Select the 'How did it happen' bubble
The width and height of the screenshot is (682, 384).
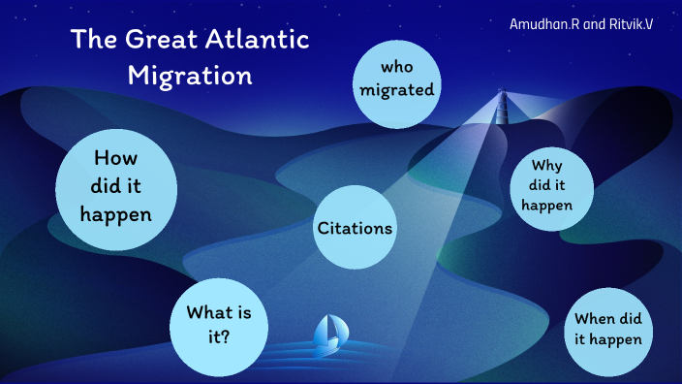pos(116,185)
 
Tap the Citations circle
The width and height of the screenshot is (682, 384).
pos(355,228)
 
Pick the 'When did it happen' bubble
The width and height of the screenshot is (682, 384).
pos(607,330)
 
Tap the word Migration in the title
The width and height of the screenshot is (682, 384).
pos(190,75)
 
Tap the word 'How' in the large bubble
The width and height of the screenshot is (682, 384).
pos(116,158)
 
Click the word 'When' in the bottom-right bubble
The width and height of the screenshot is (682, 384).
pos(593,319)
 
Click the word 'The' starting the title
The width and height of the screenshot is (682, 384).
pos(93,41)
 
